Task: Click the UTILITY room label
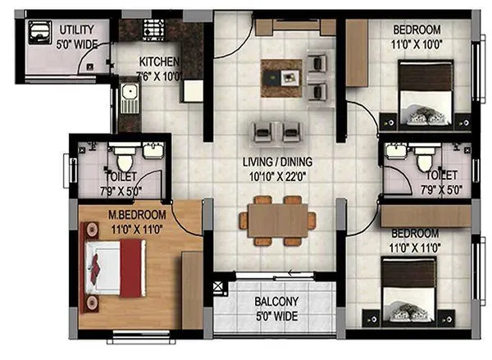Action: click(x=76, y=30)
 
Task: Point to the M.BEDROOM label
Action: click(x=137, y=215)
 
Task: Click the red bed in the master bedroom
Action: click(x=118, y=271)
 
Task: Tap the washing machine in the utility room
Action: click(x=39, y=33)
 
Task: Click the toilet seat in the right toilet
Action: click(x=424, y=159)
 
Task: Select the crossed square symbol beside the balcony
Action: click(x=217, y=289)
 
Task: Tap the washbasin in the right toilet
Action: click(x=395, y=153)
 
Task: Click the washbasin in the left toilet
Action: click(x=152, y=151)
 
